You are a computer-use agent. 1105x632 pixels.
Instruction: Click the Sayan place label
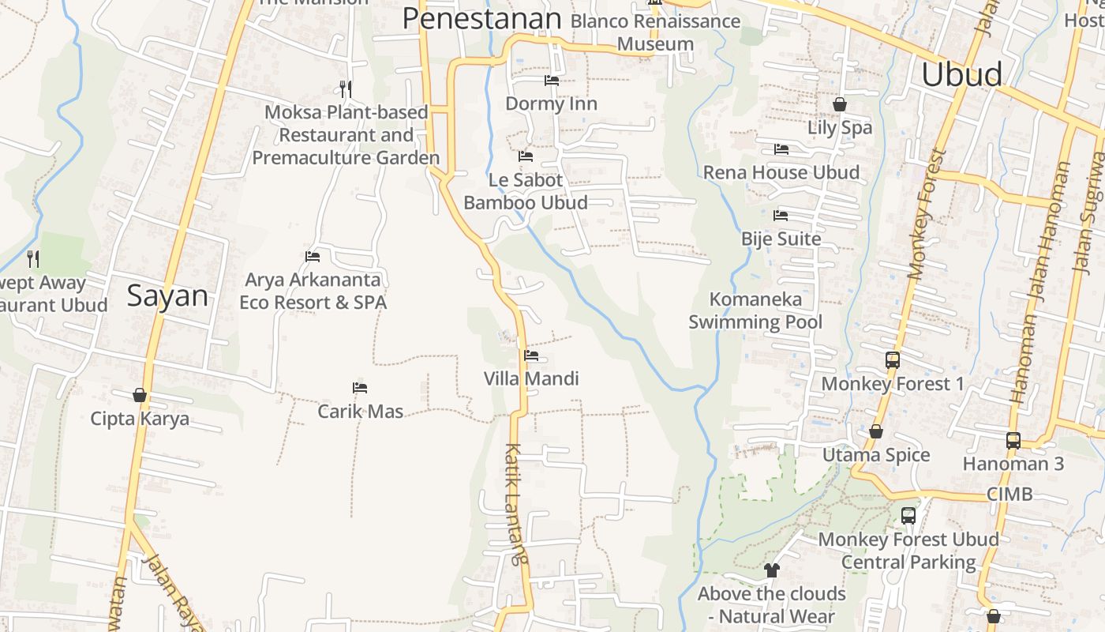(167, 296)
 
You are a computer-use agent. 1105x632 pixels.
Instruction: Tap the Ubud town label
(961, 74)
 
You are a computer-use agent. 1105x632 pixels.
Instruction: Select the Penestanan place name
(481, 18)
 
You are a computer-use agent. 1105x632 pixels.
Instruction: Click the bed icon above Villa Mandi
(531, 355)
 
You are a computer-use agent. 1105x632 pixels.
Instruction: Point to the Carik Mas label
(360, 412)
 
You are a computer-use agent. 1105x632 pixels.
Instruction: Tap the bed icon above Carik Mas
(360, 388)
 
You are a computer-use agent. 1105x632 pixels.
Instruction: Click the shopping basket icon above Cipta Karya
(140, 394)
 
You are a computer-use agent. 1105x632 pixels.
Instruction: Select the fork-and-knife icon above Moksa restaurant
(345, 88)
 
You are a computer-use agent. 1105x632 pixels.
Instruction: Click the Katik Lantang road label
(515, 504)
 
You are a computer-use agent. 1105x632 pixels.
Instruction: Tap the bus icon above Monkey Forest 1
(892, 360)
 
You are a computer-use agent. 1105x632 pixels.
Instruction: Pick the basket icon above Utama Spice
(875, 431)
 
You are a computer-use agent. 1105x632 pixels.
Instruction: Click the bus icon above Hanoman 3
(1013, 440)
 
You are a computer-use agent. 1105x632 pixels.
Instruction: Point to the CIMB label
(1009, 495)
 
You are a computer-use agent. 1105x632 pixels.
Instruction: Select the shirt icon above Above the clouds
(771, 570)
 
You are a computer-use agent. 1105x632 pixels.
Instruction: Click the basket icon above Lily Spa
(839, 104)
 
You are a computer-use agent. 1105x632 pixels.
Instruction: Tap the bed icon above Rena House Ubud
(781, 149)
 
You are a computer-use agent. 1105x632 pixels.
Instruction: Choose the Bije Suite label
(781, 239)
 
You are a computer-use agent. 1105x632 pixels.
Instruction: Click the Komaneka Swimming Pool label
(755, 310)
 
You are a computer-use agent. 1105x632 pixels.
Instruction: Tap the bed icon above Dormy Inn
(552, 80)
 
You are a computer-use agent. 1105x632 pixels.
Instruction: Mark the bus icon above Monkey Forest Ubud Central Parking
(908, 516)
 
